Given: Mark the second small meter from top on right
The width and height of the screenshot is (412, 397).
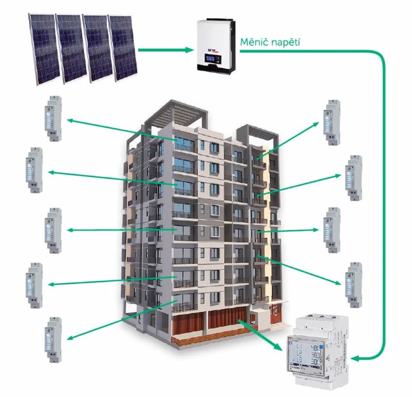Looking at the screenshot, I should point(354,177).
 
